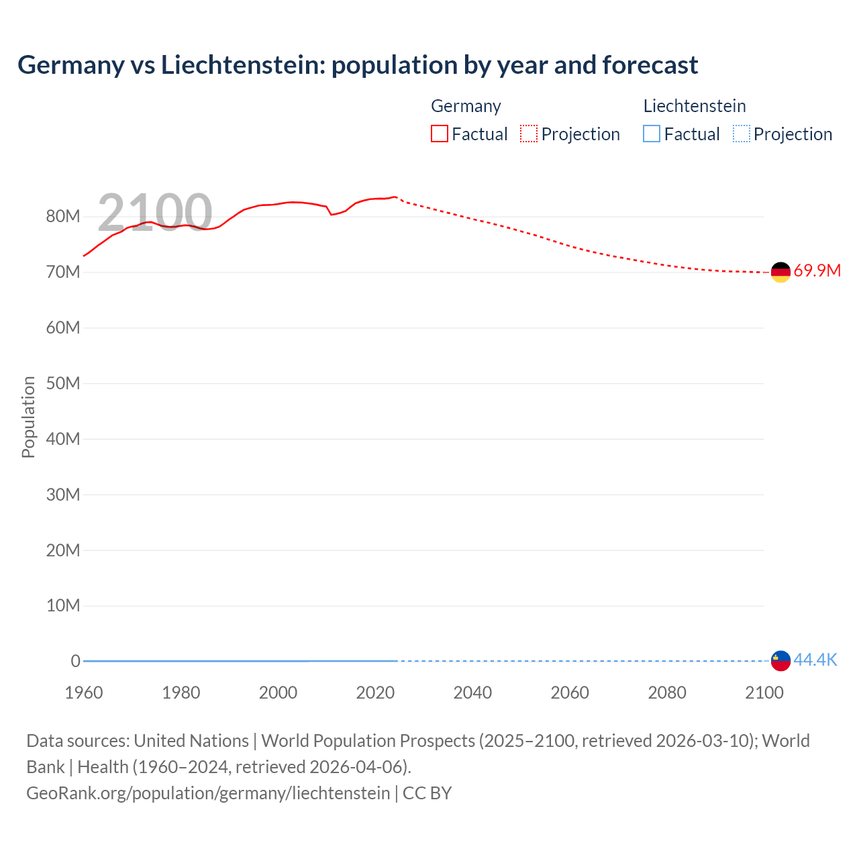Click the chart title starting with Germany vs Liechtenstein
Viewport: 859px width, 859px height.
(x=358, y=65)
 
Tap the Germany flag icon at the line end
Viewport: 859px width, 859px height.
(x=780, y=272)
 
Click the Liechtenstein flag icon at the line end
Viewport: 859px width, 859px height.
(x=780, y=660)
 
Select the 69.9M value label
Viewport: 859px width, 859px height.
(x=817, y=271)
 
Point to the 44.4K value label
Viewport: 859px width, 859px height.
(x=815, y=660)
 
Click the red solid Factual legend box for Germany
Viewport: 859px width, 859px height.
(x=440, y=134)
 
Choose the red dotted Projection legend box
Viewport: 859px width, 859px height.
(x=529, y=134)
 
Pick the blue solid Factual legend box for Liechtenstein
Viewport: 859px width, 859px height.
(x=652, y=134)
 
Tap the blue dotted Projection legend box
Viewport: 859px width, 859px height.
(x=741, y=134)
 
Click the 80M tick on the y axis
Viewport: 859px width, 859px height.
(x=63, y=217)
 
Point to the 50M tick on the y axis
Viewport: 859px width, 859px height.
(x=63, y=383)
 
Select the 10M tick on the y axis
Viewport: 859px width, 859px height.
(x=63, y=605)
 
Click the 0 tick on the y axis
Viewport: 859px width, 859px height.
(x=75, y=661)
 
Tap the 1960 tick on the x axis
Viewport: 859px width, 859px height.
(x=84, y=693)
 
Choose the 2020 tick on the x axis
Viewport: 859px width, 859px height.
(x=375, y=693)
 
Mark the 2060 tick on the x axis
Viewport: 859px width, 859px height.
(x=570, y=693)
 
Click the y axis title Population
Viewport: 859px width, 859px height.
(x=28, y=417)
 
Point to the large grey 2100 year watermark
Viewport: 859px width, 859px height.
(x=155, y=213)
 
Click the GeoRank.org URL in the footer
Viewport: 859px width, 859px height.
(x=208, y=793)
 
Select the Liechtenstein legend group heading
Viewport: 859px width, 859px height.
(x=695, y=106)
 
